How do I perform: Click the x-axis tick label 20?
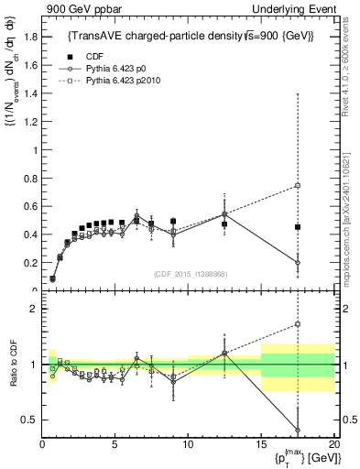coord(333,443)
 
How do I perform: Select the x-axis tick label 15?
coord(261,443)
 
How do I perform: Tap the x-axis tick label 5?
coord(115,443)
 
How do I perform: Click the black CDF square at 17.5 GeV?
coord(298,227)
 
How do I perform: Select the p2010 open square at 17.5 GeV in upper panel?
coord(298,186)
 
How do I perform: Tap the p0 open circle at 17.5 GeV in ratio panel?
coord(298,430)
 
